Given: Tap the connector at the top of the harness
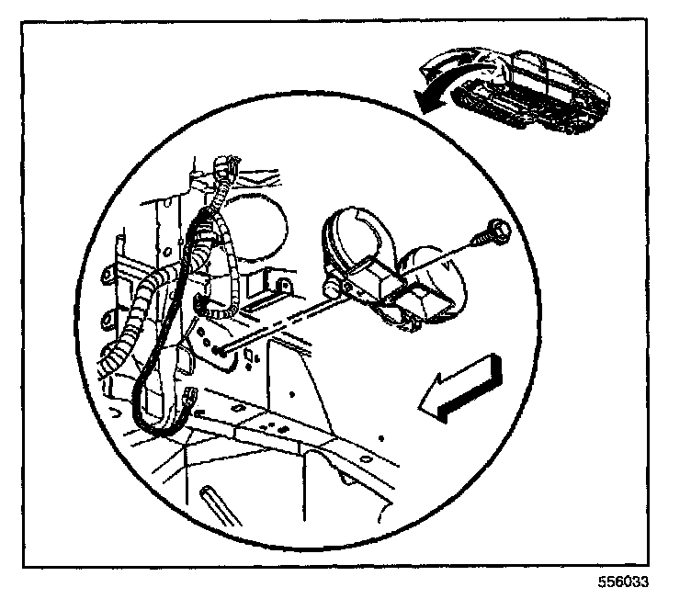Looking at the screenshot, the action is tap(224, 171).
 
